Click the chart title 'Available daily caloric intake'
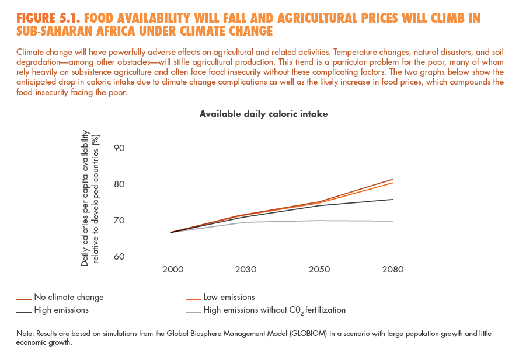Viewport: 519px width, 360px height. point(263,114)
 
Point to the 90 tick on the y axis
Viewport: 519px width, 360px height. point(120,148)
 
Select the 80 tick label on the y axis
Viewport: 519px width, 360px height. point(120,184)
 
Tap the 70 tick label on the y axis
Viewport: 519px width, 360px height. point(120,221)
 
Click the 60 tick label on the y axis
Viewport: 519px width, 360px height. point(120,257)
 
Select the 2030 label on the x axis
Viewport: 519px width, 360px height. point(246,270)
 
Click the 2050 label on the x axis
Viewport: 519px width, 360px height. point(319,270)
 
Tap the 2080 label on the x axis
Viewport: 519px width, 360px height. point(392,270)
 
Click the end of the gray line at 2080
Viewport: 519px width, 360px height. point(393,221)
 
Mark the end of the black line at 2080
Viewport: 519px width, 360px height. point(393,200)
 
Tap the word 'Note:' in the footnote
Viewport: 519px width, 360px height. point(26,334)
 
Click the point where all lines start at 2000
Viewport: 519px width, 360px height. point(172,232)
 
